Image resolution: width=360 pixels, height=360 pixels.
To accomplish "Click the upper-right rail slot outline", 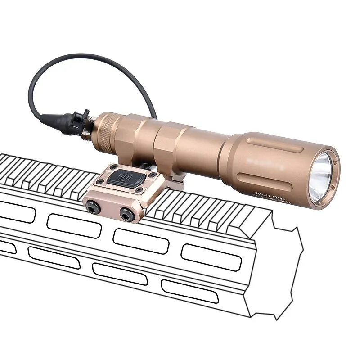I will click(211, 257).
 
